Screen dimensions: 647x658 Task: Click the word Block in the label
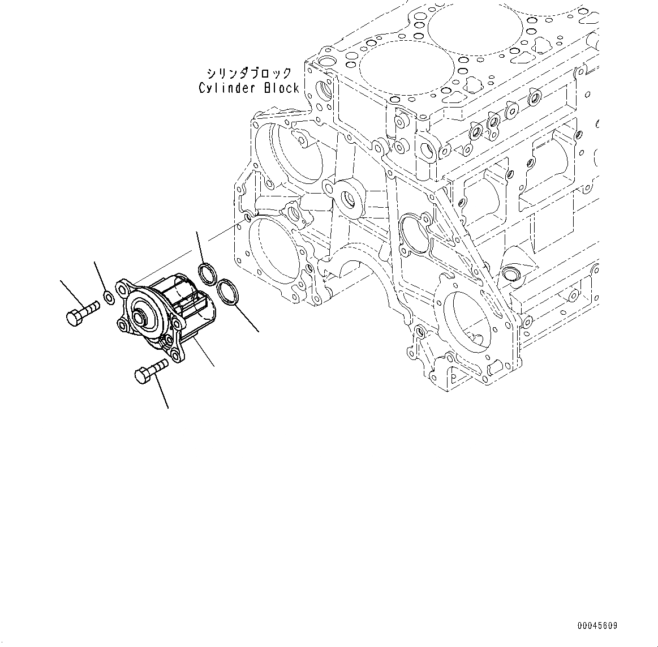pyautogui.click(x=281, y=88)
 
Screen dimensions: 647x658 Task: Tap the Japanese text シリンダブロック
pyautogui.click(x=249, y=74)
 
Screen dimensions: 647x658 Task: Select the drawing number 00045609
pyautogui.click(x=597, y=626)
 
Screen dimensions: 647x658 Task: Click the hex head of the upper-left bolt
pyautogui.click(x=74, y=317)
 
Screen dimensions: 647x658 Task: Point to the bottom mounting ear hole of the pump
pyautogui.click(x=179, y=357)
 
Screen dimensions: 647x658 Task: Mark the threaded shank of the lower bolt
pyautogui.click(x=159, y=366)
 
